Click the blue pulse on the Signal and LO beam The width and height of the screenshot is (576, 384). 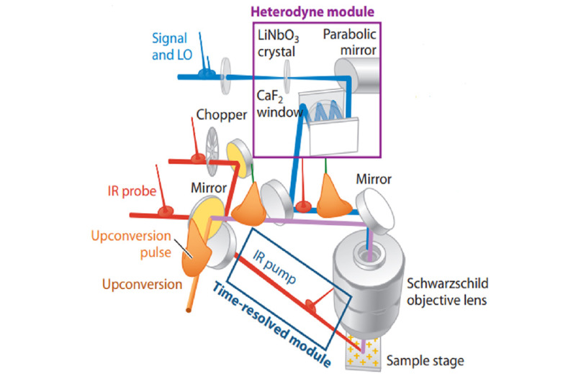tap(207, 72)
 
